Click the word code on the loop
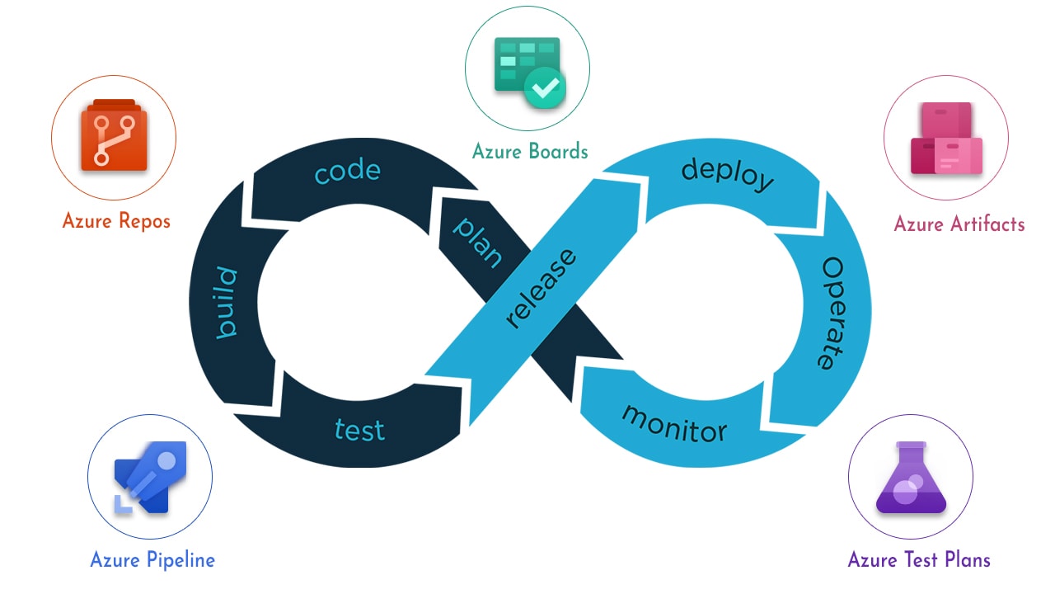tap(347, 172)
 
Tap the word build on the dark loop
tap(226, 303)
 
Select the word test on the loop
tap(359, 429)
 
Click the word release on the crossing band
tap(540, 288)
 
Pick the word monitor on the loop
tap(673, 423)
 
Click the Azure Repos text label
tap(116, 221)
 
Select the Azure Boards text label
tap(530, 151)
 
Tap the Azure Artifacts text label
tap(959, 224)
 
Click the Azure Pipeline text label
tap(152, 559)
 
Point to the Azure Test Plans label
tap(919, 559)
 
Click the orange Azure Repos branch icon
tap(113, 135)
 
